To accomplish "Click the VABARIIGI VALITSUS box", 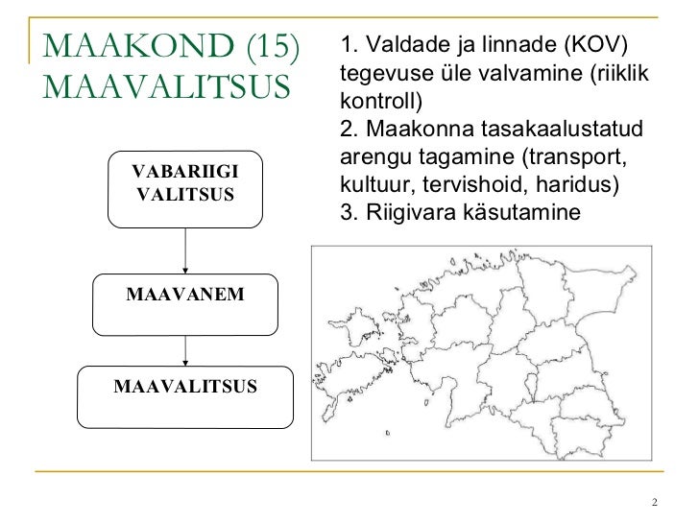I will click(x=186, y=188).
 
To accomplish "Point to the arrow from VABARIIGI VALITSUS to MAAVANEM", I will click(x=185, y=251).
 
